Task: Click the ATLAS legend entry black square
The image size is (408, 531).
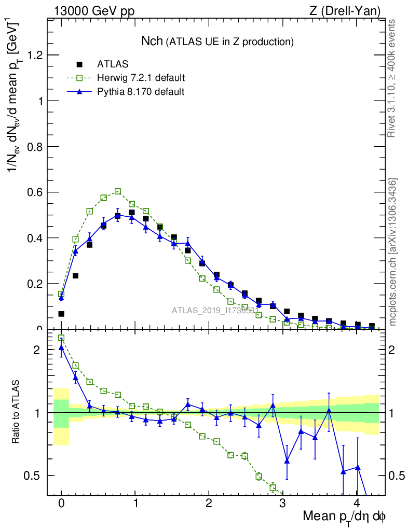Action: point(79,64)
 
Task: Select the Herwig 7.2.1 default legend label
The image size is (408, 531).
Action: point(141,78)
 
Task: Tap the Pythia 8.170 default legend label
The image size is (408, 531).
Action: point(141,91)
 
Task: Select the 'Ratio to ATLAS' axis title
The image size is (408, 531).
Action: point(16,412)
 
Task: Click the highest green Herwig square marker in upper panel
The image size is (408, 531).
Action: point(118,191)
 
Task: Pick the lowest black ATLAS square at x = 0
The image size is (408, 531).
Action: point(61,314)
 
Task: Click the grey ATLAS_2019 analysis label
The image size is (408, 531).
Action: point(215,311)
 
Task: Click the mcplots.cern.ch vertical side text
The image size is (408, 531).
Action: point(393,251)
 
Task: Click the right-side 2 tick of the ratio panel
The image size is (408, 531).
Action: point(390,350)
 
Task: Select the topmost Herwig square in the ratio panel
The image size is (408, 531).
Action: point(61,338)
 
